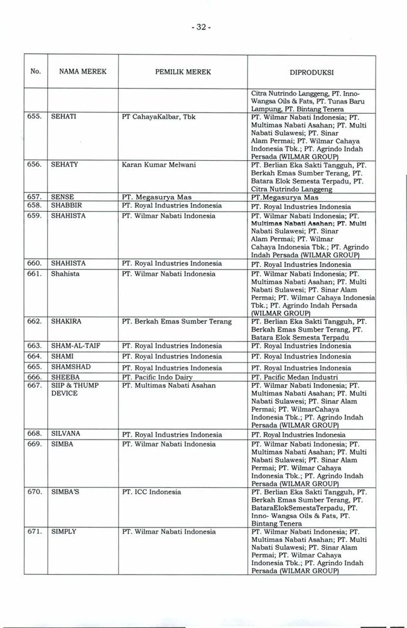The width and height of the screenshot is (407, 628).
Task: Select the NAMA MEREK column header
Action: click(x=82, y=72)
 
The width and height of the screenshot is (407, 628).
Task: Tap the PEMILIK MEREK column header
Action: click(x=182, y=72)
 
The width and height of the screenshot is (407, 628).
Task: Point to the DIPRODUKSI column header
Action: click(x=310, y=72)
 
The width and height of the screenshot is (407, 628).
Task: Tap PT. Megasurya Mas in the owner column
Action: click(x=156, y=197)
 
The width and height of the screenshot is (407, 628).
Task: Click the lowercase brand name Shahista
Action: click(x=65, y=274)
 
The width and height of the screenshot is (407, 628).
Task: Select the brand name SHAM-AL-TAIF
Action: click(x=74, y=346)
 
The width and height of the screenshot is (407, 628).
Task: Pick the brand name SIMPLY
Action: click(x=63, y=531)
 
